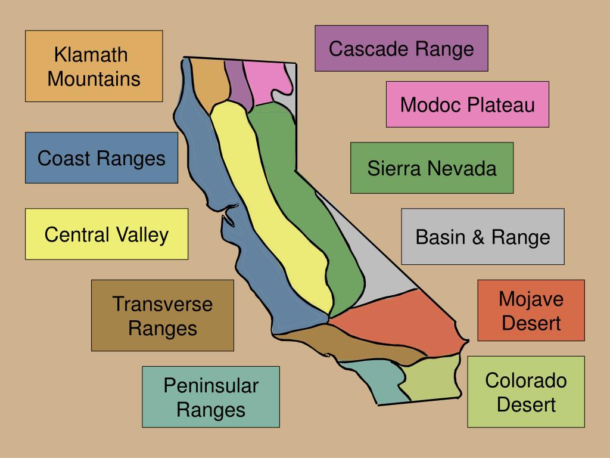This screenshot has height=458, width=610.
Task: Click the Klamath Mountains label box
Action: click(94, 66)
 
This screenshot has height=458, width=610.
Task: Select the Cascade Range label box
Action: click(401, 48)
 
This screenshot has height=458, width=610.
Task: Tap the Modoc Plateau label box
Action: click(467, 104)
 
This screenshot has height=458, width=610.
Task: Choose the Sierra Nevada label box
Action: click(431, 168)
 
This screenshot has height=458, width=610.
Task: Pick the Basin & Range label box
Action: click(483, 237)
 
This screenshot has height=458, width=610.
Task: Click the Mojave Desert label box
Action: click(531, 310)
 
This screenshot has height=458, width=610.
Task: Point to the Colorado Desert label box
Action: click(525, 392)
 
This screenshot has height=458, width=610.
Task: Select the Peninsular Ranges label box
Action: click(210, 397)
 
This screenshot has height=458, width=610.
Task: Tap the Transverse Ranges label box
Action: click(162, 315)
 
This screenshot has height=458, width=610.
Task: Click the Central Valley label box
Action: click(106, 234)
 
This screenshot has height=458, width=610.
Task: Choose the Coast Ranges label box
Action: click(101, 158)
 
